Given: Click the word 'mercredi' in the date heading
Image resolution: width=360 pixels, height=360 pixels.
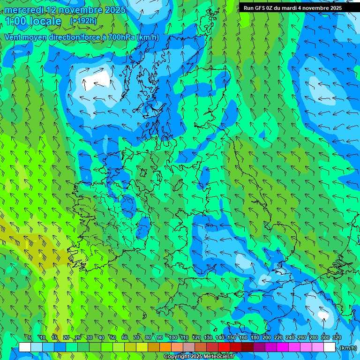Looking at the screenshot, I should (24, 10).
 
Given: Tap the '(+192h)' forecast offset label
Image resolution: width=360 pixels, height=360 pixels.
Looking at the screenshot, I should (83, 21).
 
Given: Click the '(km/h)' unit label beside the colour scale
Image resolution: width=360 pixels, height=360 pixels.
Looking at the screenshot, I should (348, 348).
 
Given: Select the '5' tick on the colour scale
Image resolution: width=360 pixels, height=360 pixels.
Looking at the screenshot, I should (30, 337).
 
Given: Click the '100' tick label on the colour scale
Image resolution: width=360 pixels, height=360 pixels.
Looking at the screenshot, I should (173, 337).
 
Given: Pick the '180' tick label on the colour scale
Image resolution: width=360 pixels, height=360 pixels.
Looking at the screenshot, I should (255, 337).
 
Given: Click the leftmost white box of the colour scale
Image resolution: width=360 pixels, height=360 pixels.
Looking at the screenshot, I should (25, 347).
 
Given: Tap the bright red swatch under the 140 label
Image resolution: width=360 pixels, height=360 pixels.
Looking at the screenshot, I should (224, 347).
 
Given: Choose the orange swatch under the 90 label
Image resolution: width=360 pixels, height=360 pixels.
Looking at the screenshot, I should (165, 347).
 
